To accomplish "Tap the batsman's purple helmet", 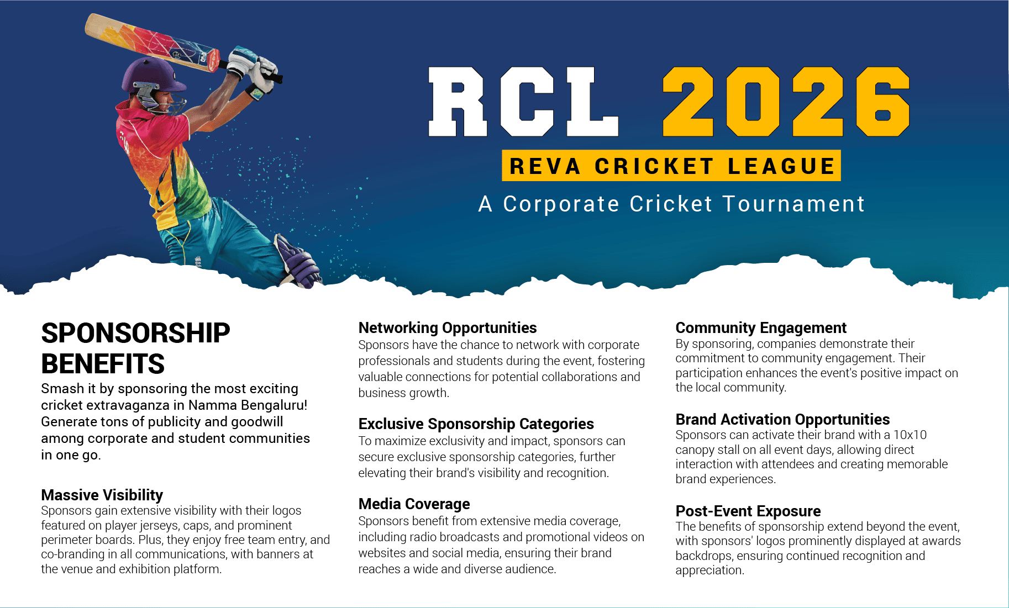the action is [x=151, y=80].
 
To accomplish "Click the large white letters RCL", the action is [x=523, y=102].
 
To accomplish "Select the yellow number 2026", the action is [x=786, y=102].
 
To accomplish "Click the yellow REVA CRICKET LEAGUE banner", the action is [x=671, y=166].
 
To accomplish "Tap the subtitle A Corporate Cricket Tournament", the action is [x=671, y=204].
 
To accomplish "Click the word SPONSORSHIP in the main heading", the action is [x=135, y=333].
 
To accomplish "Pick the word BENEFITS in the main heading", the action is [x=103, y=364].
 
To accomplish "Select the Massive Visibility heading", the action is [x=102, y=495].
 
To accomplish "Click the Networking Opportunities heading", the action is [x=448, y=328].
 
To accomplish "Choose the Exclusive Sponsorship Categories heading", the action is [x=476, y=424].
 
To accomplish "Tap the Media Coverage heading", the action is [x=414, y=504].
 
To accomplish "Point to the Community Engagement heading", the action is [x=761, y=328].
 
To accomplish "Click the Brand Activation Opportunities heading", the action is [x=782, y=420].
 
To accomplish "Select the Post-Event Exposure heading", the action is [x=748, y=511].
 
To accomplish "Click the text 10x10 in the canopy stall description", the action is [x=910, y=435].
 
